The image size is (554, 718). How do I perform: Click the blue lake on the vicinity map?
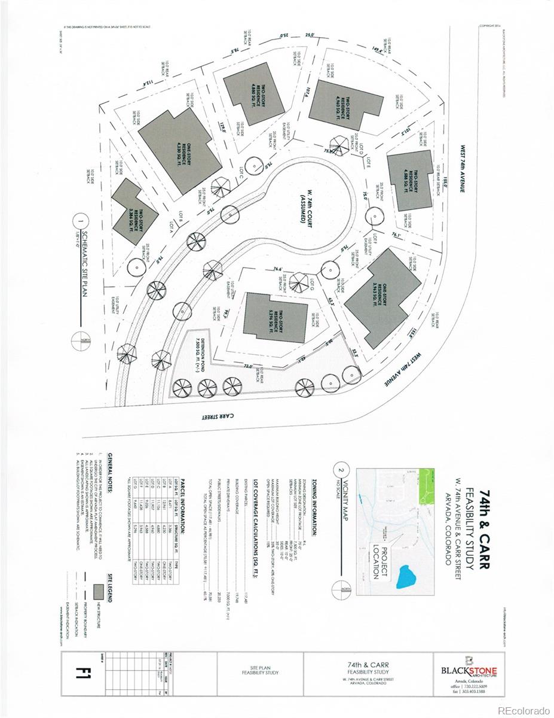(x=407, y=577)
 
